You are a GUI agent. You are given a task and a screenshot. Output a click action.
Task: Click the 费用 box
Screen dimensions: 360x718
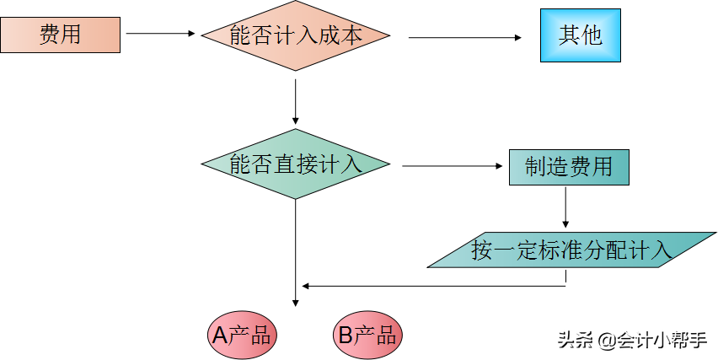coord(61,35)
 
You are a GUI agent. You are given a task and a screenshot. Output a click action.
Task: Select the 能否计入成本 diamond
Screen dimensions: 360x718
coord(296,35)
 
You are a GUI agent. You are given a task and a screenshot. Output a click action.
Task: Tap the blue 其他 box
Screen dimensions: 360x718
coord(580,35)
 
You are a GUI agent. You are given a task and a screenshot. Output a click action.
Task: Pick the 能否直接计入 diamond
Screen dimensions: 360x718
coord(296,164)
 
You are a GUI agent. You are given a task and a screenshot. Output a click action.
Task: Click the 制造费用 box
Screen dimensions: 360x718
coord(568,167)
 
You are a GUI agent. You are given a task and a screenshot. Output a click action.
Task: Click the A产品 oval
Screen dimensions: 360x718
coord(242,335)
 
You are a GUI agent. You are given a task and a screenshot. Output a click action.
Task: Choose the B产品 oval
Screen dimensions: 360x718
coord(367,335)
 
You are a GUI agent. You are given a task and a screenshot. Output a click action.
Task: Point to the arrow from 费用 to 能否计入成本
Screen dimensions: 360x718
coord(160,34)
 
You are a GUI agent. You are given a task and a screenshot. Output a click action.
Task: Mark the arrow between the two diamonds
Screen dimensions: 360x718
coord(296,101)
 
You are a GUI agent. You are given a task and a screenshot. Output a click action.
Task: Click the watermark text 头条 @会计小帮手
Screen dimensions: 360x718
coord(632,340)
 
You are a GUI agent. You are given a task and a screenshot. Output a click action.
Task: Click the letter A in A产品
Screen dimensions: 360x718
coord(219,336)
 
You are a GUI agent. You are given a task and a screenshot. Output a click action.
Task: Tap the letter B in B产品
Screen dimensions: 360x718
coord(345,336)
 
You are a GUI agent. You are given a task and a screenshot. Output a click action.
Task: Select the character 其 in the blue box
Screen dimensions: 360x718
coord(569,35)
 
